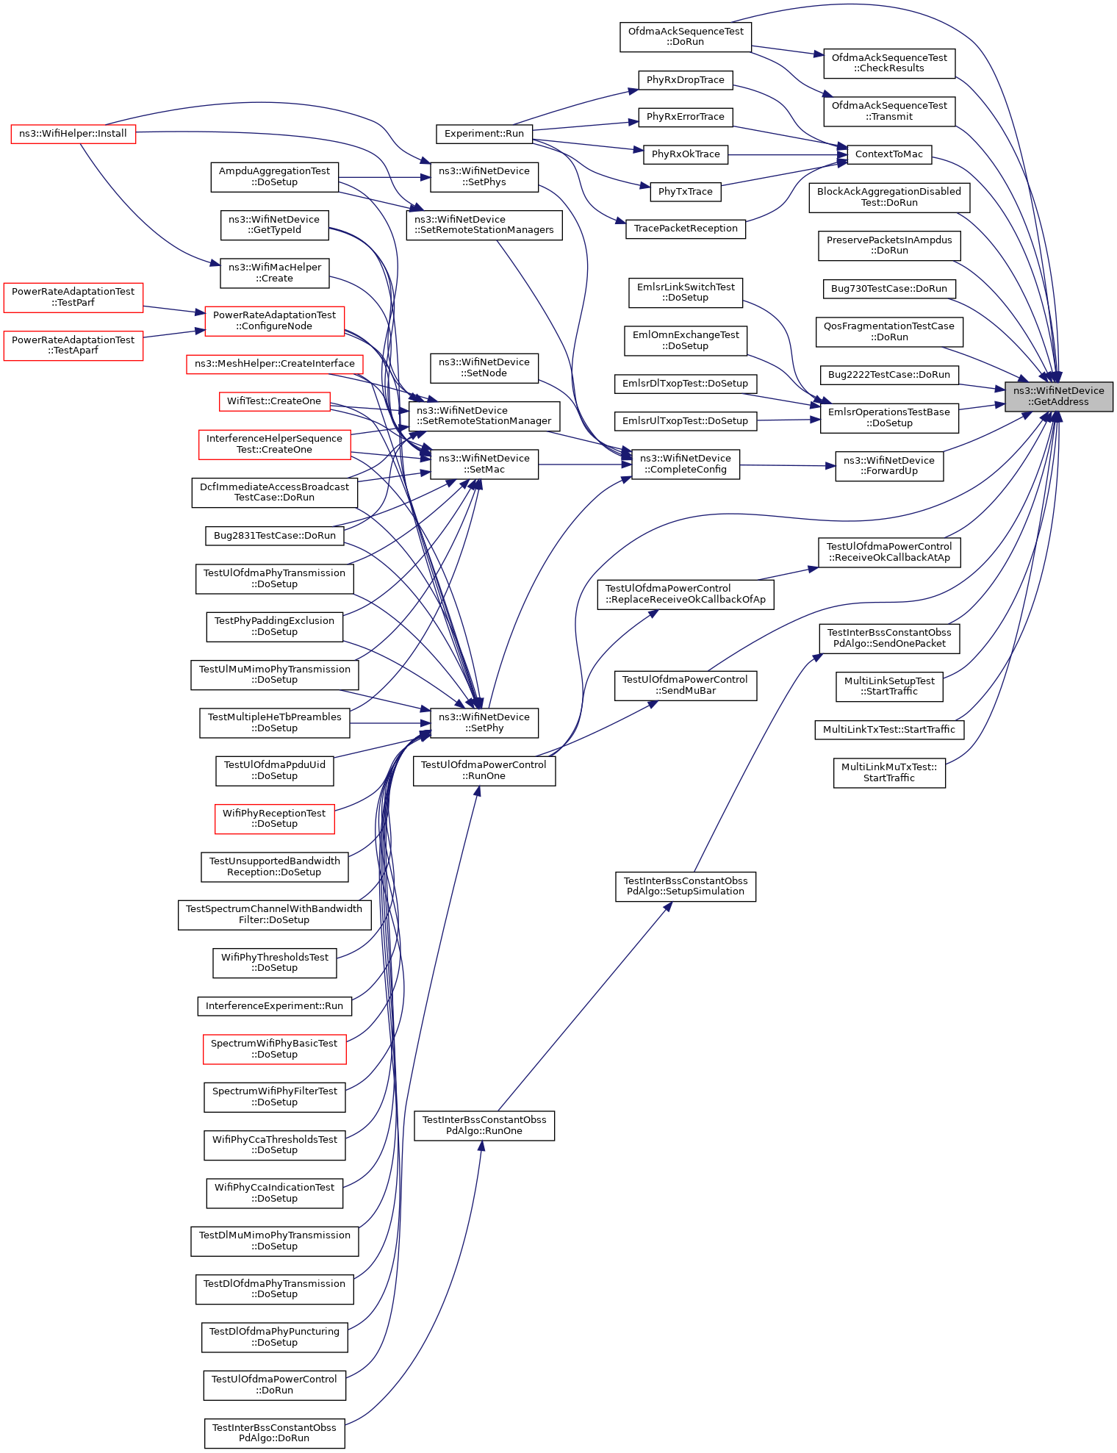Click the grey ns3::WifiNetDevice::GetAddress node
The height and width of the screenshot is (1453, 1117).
pyautogui.click(x=1058, y=396)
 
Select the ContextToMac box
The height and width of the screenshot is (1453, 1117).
pyautogui.click(x=888, y=154)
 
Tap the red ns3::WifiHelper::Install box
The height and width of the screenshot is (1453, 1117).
pyautogui.click(x=73, y=134)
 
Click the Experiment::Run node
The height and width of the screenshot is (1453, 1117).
pyautogui.click(x=484, y=134)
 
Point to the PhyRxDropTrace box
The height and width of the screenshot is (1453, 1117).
pyautogui.click(x=685, y=80)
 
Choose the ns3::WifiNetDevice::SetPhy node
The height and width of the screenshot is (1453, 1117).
pyautogui.click(x=484, y=722)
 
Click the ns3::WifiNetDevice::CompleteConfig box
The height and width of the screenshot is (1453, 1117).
pyautogui.click(x=685, y=464)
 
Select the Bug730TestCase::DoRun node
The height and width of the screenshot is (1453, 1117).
pyautogui.click(x=888, y=289)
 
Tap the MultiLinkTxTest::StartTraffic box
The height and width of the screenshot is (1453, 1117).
pyautogui.click(x=888, y=730)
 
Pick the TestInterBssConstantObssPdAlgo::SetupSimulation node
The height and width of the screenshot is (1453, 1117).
pyautogui.click(x=685, y=886)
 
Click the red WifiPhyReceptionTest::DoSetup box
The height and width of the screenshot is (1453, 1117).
pyautogui.click(x=274, y=819)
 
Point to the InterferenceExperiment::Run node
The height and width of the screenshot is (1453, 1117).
pyautogui.click(x=274, y=1006)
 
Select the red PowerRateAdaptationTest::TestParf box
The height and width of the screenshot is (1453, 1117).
pyautogui.click(x=73, y=297)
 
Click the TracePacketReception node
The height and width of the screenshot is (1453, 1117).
pyautogui.click(x=685, y=229)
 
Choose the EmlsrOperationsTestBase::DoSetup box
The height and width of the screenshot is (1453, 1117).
pyautogui.click(x=888, y=417)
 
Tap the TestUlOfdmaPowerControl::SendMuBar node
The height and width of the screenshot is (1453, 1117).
pyautogui.click(x=685, y=685)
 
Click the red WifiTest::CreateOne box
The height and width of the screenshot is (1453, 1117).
pyautogui.click(x=274, y=401)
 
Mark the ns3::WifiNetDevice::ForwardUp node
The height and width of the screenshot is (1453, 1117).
pyautogui.click(x=888, y=466)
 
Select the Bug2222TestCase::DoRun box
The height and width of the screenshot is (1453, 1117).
pyautogui.click(x=888, y=375)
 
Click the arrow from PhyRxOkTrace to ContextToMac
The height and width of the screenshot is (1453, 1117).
pyautogui.click(x=786, y=155)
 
